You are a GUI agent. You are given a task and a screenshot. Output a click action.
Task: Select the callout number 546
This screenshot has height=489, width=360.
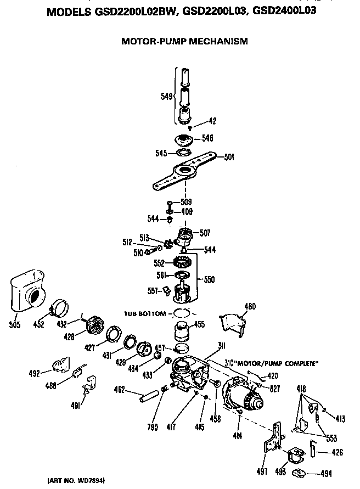click(x=207, y=138)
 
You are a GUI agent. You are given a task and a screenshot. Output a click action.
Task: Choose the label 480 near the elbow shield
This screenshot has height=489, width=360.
click(x=250, y=306)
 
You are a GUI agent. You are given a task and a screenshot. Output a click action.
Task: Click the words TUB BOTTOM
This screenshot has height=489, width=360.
click(x=144, y=313)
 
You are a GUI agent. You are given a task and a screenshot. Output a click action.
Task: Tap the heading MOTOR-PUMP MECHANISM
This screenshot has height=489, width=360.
click(x=184, y=41)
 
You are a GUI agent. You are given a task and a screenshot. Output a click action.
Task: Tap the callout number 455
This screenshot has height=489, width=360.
click(x=199, y=324)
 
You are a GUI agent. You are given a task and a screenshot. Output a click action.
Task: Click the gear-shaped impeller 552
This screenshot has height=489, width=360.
click(x=181, y=263)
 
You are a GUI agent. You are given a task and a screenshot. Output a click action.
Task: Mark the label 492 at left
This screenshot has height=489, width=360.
click(x=34, y=374)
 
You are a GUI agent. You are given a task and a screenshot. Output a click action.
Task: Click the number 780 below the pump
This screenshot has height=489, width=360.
click(x=153, y=428)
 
